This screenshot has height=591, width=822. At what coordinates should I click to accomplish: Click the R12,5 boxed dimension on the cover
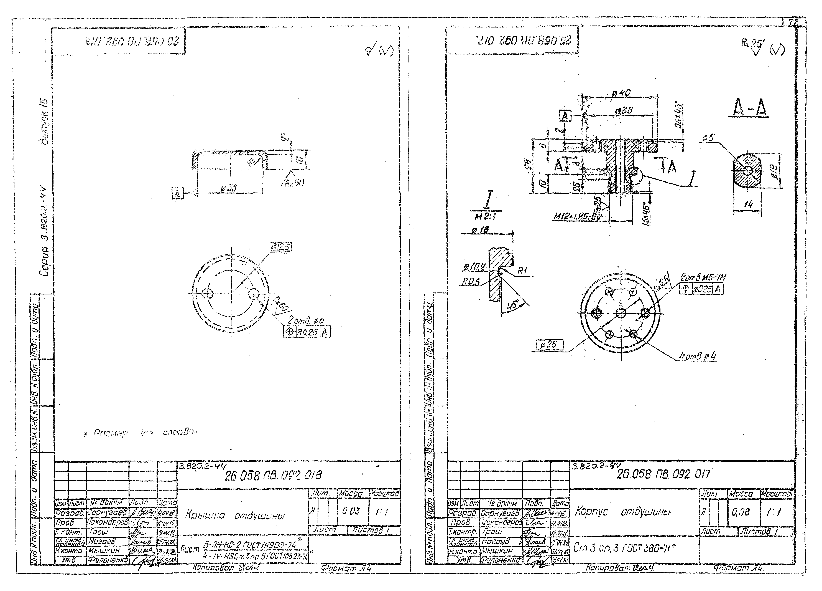[281, 247]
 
